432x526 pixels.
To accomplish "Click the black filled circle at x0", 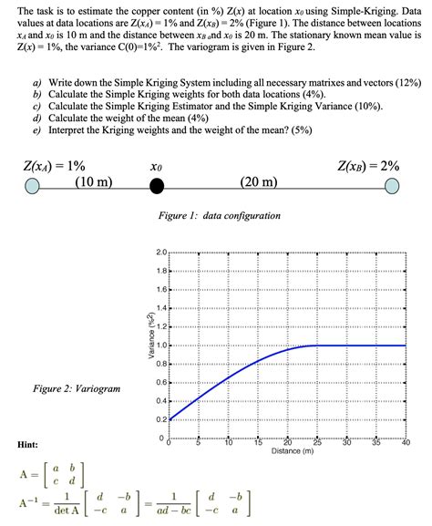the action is tap(157, 187).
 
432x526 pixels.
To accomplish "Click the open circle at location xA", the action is tap(33, 187).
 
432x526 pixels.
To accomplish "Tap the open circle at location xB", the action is tap(392, 187).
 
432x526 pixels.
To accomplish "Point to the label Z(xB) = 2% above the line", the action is tap(368, 166).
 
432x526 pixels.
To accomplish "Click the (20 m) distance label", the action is tap(260, 181).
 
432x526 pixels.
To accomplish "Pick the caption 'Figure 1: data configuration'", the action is tap(220, 216).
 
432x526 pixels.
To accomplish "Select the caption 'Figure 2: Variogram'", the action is tap(77, 388).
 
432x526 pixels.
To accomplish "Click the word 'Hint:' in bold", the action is tap(27, 444).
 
